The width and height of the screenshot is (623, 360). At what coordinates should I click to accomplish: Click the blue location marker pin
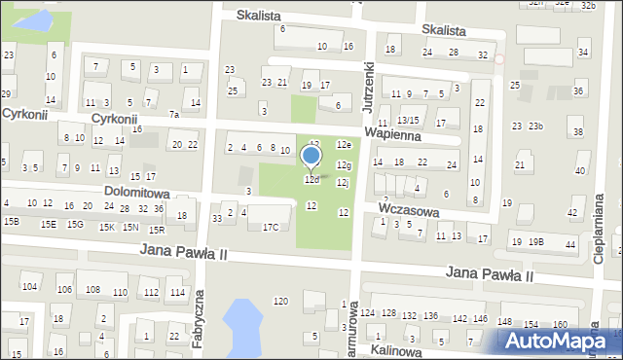pos(311,157)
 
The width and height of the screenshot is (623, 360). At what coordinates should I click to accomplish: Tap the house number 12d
pos(311,180)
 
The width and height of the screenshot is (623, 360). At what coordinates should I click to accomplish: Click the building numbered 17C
pos(271,227)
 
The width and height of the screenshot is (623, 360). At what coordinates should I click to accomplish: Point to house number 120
pos(280,301)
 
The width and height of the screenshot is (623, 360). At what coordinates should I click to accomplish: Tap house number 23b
pos(535,126)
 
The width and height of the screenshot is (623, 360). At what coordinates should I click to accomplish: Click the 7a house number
pos(174,115)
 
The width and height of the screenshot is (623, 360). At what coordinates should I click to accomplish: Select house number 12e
pos(344,144)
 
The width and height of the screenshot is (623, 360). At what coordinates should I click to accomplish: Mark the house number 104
pos(30,286)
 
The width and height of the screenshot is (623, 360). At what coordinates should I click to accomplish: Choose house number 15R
pos(156,229)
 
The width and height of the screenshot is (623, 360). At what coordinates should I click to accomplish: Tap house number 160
pos(560,324)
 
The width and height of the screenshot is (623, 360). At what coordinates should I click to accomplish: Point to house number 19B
pos(536,241)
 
